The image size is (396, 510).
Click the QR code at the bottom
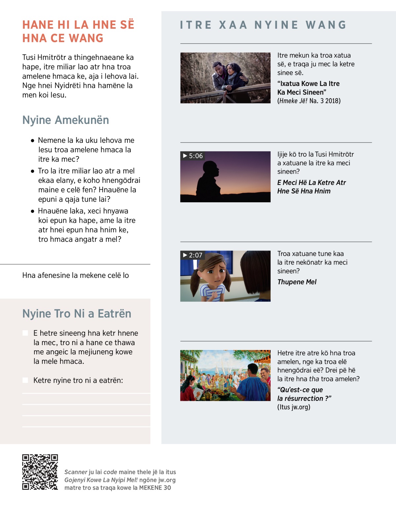pos(40,472)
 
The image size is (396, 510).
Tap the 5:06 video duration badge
pos(193,156)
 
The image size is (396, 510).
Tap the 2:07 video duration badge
pos(193,255)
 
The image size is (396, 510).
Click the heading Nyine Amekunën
pos(66,120)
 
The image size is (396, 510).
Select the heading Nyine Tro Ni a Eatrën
pos(77,314)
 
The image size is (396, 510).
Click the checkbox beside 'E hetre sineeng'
pos(25,333)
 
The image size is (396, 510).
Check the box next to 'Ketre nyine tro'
pos(25,380)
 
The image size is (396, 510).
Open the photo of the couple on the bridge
pos(225,78)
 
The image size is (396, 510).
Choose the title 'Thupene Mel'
pos(297,282)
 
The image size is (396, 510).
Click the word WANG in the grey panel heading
pos(326,25)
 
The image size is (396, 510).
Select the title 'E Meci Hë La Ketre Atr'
pos(312,182)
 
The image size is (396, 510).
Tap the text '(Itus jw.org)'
pos(293,407)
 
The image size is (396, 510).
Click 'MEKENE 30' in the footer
pos(155,488)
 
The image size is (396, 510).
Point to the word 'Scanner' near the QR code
pos(76,472)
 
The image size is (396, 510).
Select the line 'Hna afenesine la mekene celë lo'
pos(76,275)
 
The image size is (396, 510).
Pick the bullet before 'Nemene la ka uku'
pos(32,140)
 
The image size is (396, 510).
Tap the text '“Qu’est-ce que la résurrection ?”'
pos(304,394)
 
